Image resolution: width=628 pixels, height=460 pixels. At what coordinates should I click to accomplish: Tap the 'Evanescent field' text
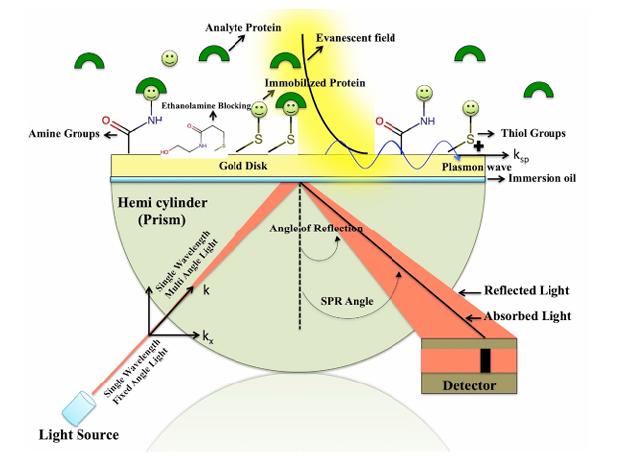[x=355, y=38]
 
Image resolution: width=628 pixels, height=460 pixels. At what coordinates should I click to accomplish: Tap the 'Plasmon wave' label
[x=473, y=168]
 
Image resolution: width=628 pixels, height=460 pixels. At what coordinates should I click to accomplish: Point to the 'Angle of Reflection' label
[x=317, y=230]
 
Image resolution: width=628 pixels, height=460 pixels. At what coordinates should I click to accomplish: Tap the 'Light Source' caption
[x=78, y=434]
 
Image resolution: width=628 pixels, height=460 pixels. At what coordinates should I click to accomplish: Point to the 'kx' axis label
[x=207, y=339]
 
